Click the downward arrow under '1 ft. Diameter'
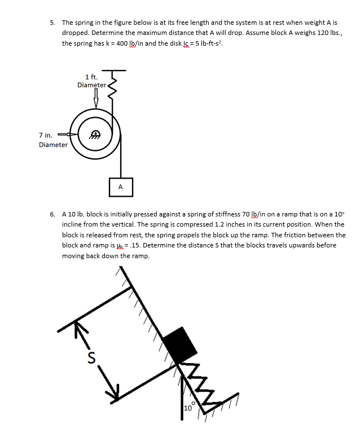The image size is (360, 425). (x=95, y=100)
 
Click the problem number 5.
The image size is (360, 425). (x=52, y=23)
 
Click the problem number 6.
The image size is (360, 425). (x=52, y=214)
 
